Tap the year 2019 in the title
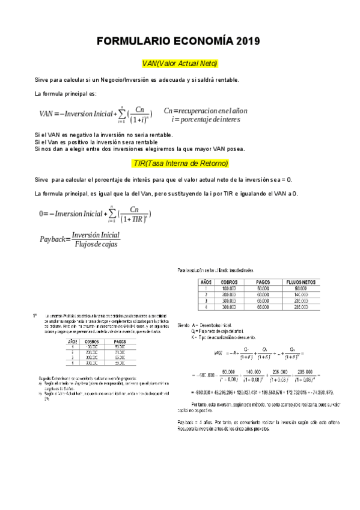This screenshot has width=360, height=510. pos(246,41)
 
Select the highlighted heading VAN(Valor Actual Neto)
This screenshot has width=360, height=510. pos(180,64)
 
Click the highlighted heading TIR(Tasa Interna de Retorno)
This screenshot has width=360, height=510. pos(180,163)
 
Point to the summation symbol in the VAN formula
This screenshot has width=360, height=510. pos(122,113)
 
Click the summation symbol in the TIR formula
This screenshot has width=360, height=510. pos(112,214)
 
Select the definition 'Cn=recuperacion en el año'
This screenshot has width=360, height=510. pos(205,111)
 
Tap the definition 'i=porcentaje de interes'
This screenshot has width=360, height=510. pos(206,119)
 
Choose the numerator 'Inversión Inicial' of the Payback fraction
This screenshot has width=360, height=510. pos(96,235)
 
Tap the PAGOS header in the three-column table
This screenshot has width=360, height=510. pos(120,342)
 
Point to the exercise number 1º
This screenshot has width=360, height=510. pos(35,315)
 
